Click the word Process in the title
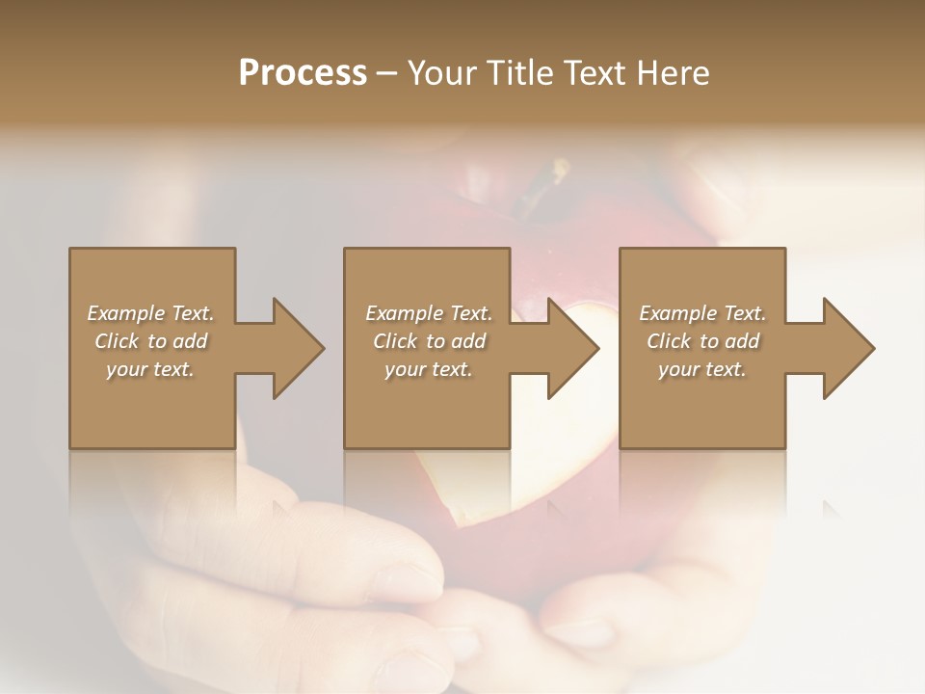[303, 73]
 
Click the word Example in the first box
[126, 313]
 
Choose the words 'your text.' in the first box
[150, 369]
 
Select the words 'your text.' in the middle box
[428, 369]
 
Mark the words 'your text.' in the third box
[702, 369]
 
